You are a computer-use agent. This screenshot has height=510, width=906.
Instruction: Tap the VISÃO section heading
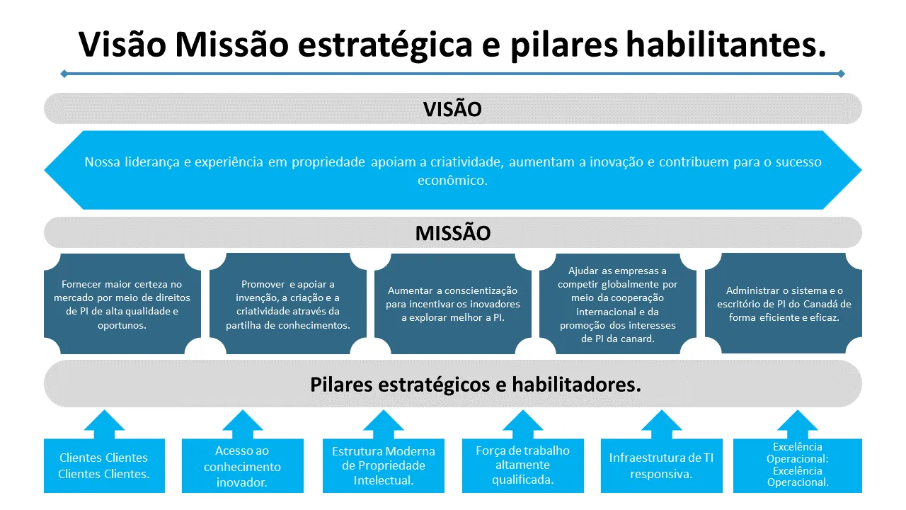(452, 109)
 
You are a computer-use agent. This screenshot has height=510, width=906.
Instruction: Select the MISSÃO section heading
(452, 233)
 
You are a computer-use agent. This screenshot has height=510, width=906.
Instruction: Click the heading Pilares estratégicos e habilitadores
(475, 385)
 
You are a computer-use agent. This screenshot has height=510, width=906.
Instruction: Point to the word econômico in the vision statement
(452, 181)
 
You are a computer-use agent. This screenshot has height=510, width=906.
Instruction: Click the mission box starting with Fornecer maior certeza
(122, 305)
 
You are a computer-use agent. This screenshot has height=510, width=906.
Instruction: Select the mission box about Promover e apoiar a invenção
(287, 305)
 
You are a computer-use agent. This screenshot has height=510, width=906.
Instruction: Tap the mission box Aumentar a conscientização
(452, 305)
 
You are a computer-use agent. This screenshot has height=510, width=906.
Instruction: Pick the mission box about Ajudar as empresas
(617, 305)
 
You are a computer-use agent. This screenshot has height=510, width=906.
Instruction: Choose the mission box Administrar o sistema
(783, 304)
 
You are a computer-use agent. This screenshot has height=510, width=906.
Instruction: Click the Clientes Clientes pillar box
(104, 466)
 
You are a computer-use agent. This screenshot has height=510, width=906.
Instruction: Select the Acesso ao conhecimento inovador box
(242, 466)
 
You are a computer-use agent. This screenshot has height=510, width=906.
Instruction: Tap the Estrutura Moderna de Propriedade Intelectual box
(383, 466)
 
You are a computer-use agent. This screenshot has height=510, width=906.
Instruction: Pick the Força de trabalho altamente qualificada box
(522, 466)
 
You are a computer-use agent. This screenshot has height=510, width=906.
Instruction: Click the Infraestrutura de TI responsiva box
(661, 466)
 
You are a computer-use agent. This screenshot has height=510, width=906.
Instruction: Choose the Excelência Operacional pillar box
(797, 465)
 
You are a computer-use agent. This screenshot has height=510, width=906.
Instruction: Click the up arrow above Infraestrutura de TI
(661, 424)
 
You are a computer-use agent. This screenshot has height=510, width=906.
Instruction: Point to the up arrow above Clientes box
(104, 424)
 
